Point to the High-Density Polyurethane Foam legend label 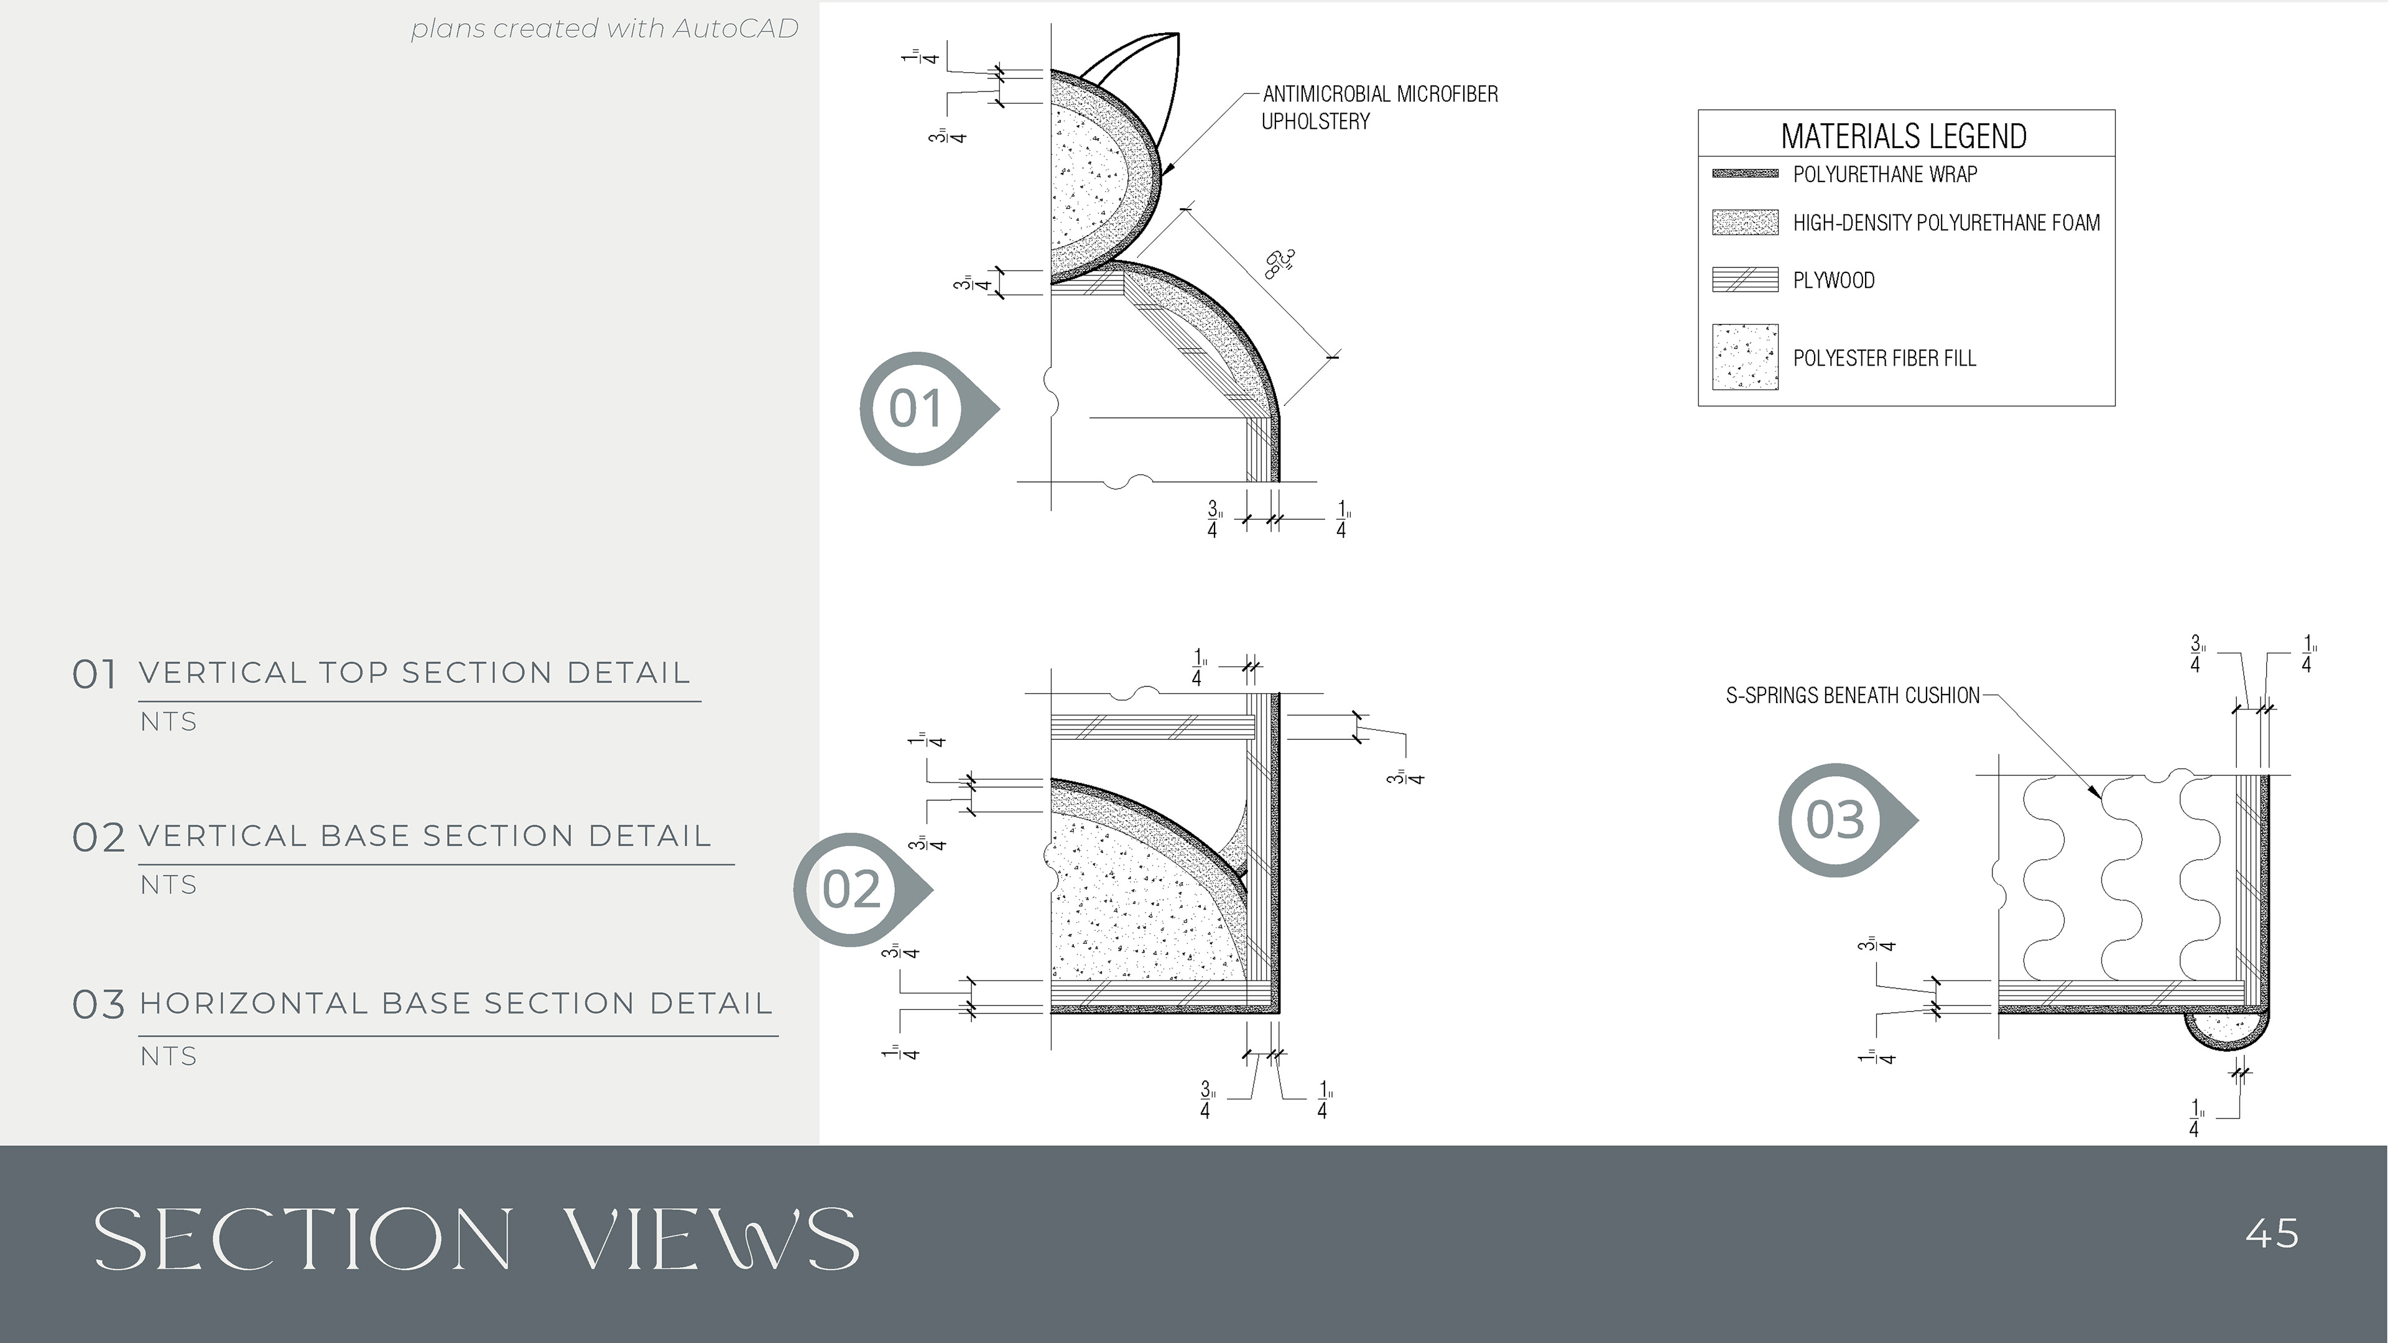1946,223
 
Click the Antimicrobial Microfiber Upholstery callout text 1379,108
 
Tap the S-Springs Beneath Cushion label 1852,695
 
